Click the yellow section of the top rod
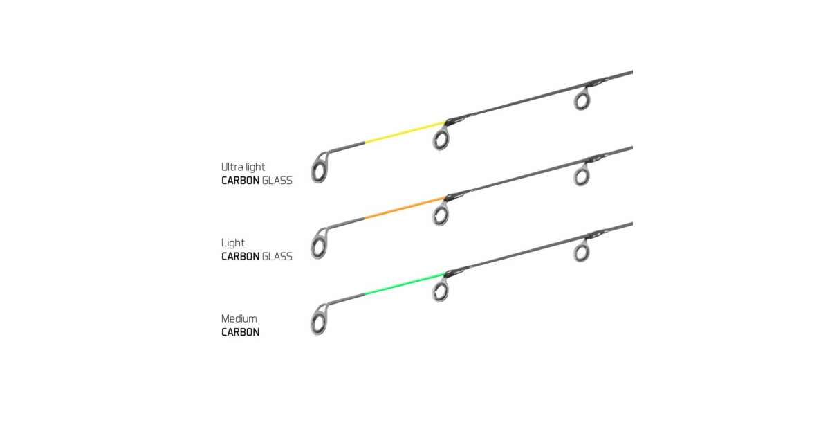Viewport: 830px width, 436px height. tap(405, 132)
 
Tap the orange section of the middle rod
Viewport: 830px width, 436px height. tap(405, 208)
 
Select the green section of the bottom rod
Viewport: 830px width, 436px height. tap(405, 284)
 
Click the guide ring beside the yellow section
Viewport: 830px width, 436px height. tap(441, 139)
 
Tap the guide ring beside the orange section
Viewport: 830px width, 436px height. tap(440, 215)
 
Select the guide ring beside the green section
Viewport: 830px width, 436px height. tap(440, 291)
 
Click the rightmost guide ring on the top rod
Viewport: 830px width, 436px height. tap(582, 100)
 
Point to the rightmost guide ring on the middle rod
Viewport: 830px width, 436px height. tap(582, 176)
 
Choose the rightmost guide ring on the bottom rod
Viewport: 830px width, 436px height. tap(582, 252)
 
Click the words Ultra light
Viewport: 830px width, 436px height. tap(243, 167)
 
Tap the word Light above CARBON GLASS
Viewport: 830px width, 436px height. tap(233, 243)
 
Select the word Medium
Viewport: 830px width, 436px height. tap(239, 318)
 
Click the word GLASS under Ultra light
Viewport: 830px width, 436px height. tap(277, 181)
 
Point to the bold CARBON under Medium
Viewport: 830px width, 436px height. tap(241, 332)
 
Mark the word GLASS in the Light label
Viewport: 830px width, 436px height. tap(277, 257)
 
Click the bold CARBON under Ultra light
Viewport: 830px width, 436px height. tap(241, 181)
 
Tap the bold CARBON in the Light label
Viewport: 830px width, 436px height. tap(241, 257)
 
